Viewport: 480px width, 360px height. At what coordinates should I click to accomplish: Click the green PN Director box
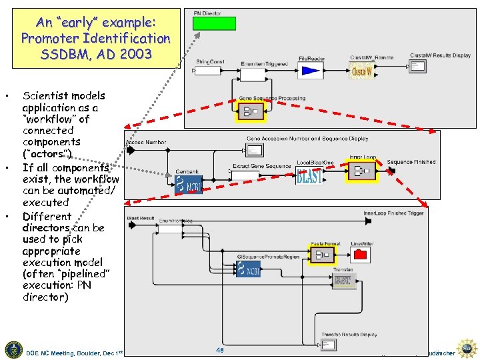[x=214, y=23]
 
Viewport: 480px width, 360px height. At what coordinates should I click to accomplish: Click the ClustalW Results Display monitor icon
[x=418, y=66]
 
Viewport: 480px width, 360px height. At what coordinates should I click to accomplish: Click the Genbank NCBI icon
[x=188, y=184]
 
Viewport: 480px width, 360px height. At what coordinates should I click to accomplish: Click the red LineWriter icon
[x=361, y=254]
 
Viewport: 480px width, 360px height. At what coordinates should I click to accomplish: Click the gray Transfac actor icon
[x=343, y=281]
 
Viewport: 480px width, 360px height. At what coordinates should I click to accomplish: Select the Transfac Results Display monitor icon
[x=328, y=345]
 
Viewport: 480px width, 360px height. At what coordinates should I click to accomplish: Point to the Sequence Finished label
[x=411, y=162]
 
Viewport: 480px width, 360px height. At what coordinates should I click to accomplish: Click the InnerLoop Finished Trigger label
[x=393, y=213]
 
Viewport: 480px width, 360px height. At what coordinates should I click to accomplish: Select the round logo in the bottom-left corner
[x=13, y=349]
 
